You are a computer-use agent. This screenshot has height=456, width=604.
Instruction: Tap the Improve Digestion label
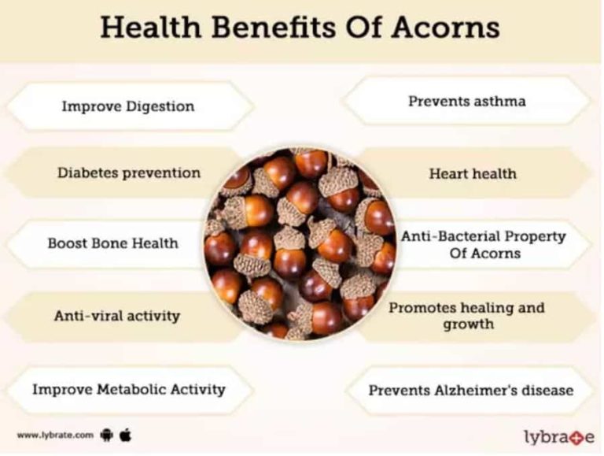(x=127, y=106)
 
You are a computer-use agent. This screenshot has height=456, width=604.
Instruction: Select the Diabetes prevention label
(x=128, y=172)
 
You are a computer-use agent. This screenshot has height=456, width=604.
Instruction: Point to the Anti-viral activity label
(x=116, y=316)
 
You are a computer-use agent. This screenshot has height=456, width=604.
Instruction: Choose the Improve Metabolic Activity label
(x=128, y=388)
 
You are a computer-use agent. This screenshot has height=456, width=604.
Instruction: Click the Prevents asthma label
(x=466, y=101)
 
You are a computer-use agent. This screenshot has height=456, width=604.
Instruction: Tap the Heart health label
(x=473, y=173)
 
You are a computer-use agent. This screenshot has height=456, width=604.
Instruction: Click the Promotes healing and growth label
(x=466, y=315)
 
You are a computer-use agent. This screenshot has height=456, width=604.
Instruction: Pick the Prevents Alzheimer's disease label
(x=470, y=389)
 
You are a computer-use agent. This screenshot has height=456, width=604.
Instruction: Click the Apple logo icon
(x=125, y=434)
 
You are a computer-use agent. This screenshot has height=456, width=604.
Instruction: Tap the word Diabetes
(x=86, y=172)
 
